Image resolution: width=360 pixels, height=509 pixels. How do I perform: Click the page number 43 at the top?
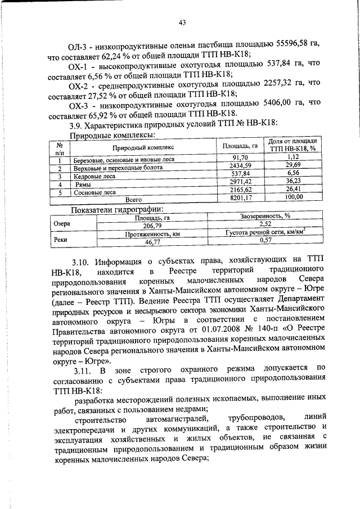[x=182, y=22]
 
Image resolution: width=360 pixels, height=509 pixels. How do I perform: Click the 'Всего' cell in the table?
[x=133, y=199]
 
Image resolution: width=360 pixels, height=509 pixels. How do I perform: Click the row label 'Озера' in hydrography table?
[x=61, y=223]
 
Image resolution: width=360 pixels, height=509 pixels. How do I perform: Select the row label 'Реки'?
[x=61, y=238]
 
